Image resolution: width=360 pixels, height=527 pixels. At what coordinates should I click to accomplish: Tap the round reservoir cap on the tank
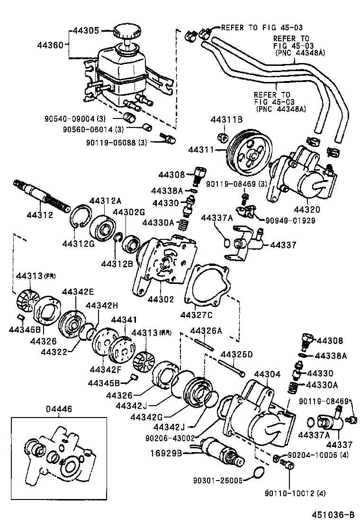tap(126, 33)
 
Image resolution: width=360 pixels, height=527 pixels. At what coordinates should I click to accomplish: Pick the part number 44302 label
tap(161, 299)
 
